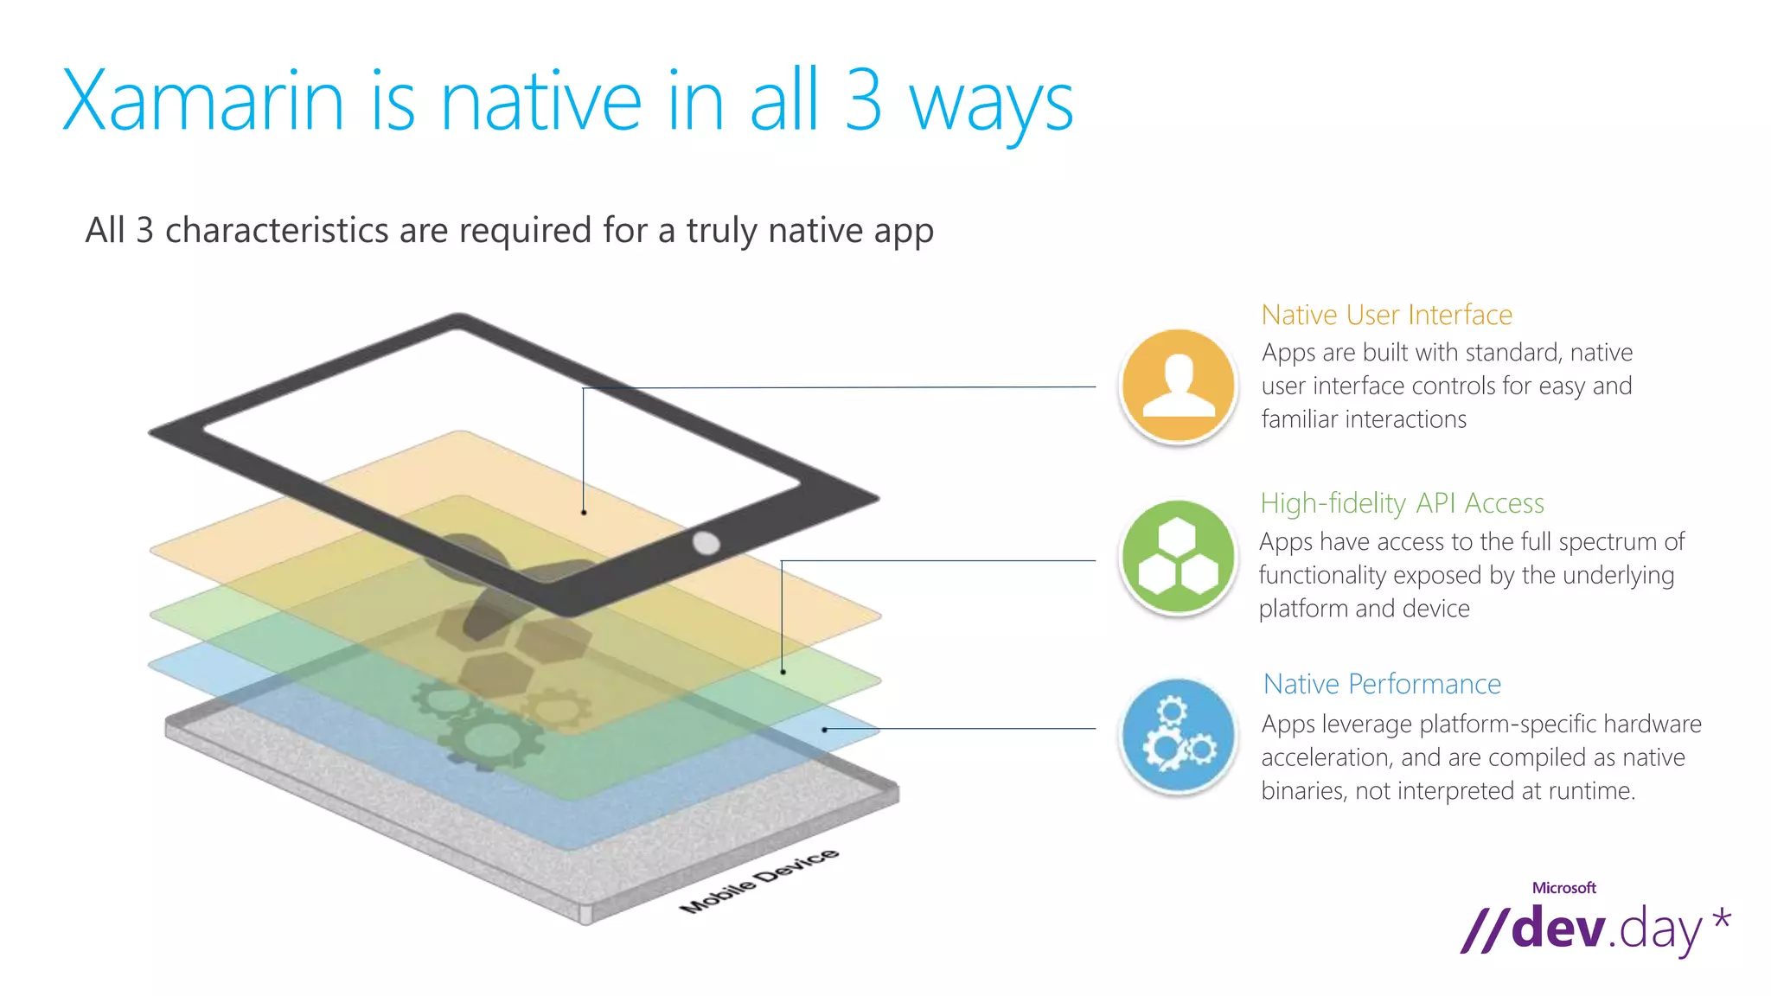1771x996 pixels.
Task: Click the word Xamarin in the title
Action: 203,102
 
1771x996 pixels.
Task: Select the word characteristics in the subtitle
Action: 277,231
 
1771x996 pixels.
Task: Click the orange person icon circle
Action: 1178,386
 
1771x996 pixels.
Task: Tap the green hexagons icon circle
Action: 1178,558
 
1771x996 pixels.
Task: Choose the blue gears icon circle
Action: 1178,736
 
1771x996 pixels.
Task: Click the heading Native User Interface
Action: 1386,315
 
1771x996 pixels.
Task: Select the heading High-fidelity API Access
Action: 1402,503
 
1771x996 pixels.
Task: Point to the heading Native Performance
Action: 1382,684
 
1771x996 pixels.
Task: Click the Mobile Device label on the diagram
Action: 758,881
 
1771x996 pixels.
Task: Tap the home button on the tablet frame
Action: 706,543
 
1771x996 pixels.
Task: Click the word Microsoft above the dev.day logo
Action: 1563,888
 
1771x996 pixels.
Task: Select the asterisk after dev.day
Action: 1721,919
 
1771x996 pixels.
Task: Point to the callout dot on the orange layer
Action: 584,513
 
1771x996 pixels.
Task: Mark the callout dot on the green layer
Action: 783,672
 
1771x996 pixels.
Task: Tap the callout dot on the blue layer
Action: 824,730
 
